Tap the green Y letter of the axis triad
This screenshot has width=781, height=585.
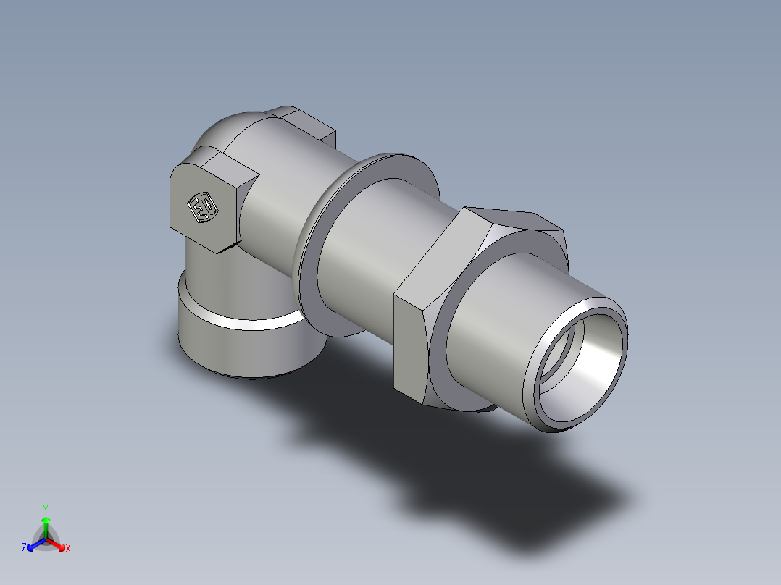(45, 509)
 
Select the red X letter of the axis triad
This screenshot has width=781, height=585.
(68, 549)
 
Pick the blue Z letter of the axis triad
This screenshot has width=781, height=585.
(24, 549)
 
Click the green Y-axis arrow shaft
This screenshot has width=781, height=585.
(46, 527)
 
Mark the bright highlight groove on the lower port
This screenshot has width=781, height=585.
(239, 322)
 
